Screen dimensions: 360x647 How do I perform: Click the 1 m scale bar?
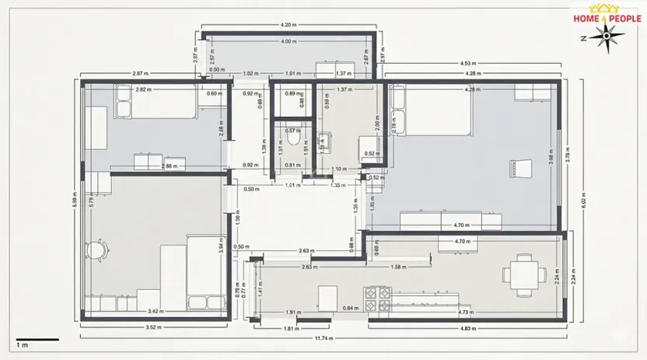pos(37,340)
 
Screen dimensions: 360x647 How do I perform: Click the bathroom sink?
pos(326,142)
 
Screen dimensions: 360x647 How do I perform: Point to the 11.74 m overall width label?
pos(324,339)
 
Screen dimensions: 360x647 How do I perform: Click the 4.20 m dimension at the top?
pos(289,25)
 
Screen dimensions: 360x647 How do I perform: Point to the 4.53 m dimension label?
pos(468,64)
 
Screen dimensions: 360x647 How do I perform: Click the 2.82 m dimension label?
pos(143,89)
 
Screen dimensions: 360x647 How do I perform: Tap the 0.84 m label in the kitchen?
pos(350,308)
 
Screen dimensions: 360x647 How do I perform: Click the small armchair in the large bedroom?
pos(519,166)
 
